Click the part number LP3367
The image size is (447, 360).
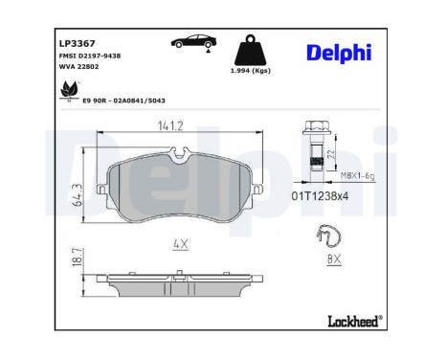77,43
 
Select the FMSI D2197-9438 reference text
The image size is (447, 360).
90,56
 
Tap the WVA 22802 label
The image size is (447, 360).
78,66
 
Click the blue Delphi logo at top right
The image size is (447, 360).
339,53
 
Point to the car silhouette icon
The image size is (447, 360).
193,41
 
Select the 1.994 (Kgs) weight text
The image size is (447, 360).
251,71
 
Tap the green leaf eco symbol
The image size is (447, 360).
69,90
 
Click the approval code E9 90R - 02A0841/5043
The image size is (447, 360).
123,101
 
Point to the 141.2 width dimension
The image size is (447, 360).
170,125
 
